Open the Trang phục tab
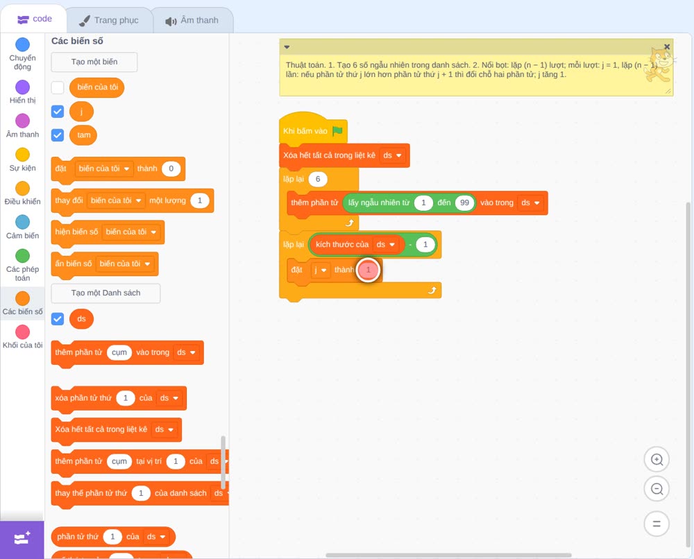coord(109,20)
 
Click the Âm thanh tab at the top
coord(192,20)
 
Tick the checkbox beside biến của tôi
coord(58,87)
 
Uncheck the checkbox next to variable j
coord(58,112)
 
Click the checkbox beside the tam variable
coord(58,135)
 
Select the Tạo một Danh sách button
coord(105,293)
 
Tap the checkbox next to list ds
coord(58,319)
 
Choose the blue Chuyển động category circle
coord(23,44)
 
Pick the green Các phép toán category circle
coord(23,256)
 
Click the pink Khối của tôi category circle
coord(23,332)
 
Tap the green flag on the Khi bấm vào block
coord(338,131)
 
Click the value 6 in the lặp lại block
coord(318,179)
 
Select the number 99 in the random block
coord(464,203)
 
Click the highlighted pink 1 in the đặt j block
coord(369,270)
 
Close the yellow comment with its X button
coord(667,47)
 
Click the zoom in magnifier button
coord(657,460)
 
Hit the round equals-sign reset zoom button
coord(657,524)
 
